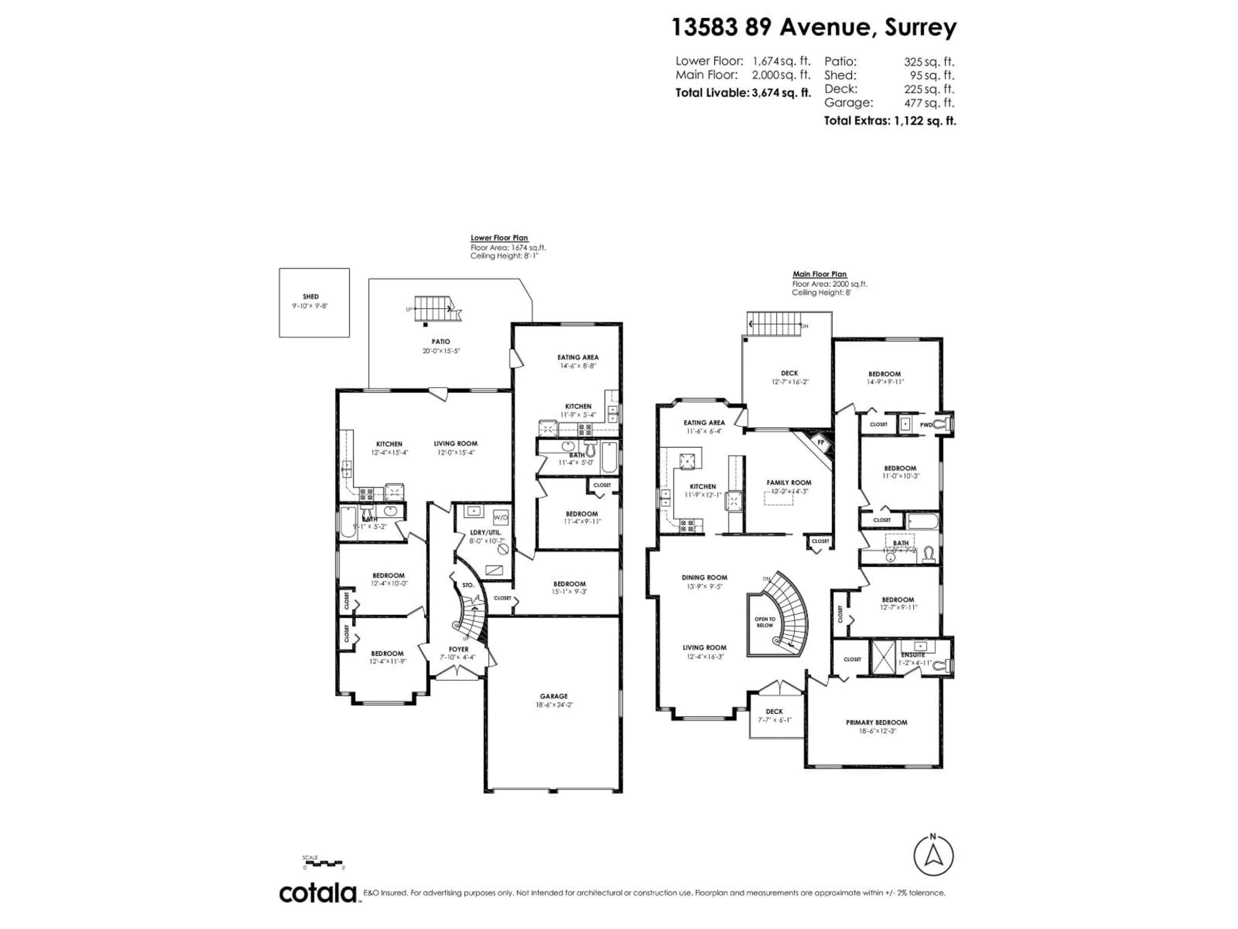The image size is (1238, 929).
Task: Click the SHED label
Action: pyautogui.click(x=310, y=297)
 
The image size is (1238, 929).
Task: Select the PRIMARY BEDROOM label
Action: pyautogui.click(x=877, y=722)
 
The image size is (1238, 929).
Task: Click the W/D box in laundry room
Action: pyautogui.click(x=501, y=517)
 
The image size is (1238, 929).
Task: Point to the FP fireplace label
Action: pyautogui.click(x=821, y=442)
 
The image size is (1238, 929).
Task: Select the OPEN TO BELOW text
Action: pyautogui.click(x=764, y=622)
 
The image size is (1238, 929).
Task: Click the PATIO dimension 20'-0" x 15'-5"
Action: pyautogui.click(x=441, y=351)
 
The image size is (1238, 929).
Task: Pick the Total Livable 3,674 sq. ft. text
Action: pyautogui.click(x=743, y=93)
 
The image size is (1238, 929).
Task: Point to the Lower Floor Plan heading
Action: pyautogui.click(x=499, y=238)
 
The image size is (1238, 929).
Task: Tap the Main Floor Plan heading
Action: pyautogui.click(x=819, y=275)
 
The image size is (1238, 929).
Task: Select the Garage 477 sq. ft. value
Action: pyautogui.click(x=929, y=103)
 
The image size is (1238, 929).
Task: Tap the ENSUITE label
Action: pyautogui.click(x=913, y=654)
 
